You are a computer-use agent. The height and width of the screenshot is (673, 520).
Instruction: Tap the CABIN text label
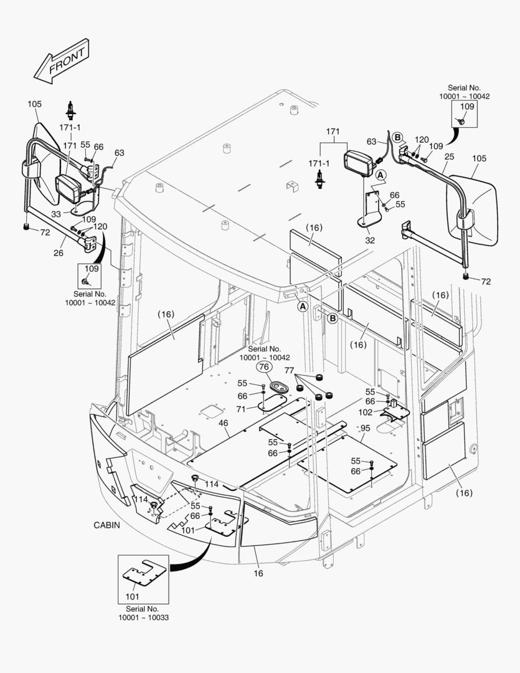click(x=106, y=525)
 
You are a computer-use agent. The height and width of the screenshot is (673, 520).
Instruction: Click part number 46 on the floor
click(x=223, y=424)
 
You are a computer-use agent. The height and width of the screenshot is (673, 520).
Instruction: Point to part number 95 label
click(x=366, y=428)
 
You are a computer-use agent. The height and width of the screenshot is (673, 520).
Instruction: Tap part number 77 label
click(x=289, y=370)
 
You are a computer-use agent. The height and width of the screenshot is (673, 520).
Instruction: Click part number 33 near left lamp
click(x=57, y=214)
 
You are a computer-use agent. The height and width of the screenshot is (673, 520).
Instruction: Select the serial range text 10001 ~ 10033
click(x=143, y=618)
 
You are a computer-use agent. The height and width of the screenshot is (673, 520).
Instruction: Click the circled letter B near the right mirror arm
click(x=398, y=137)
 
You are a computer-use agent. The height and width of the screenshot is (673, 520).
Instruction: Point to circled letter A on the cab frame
click(x=302, y=307)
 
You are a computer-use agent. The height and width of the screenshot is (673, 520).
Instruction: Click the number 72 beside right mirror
click(x=485, y=282)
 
